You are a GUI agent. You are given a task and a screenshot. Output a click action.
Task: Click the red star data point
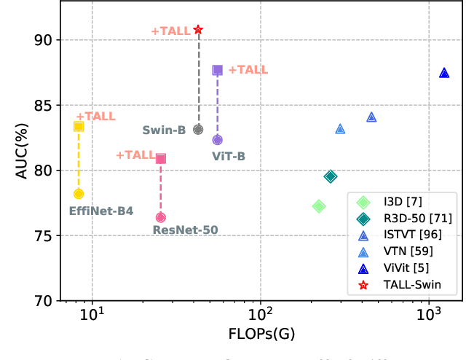coord(198,30)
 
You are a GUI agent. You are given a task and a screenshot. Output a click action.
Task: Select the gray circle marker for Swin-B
coord(198,129)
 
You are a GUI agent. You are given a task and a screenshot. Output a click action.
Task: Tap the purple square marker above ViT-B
coord(217,70)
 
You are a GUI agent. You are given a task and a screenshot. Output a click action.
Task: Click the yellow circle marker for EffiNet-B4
coord(79,193)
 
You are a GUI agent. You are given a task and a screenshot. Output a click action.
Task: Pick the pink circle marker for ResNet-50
coord(161,217)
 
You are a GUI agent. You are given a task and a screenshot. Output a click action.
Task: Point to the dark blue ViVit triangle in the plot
coord(444,73)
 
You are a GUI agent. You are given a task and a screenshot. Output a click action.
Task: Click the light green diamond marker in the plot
coord(319,206)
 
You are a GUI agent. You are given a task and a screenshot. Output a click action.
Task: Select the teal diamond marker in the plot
coord(331,176)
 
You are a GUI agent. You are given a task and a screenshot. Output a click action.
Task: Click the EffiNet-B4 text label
coord(101,211)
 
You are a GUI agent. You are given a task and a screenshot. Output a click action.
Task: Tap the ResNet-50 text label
coord(185,230)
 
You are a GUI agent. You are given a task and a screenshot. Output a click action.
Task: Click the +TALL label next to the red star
coord(170,31)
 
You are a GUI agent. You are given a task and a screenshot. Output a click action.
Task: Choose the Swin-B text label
coord(163,130)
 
